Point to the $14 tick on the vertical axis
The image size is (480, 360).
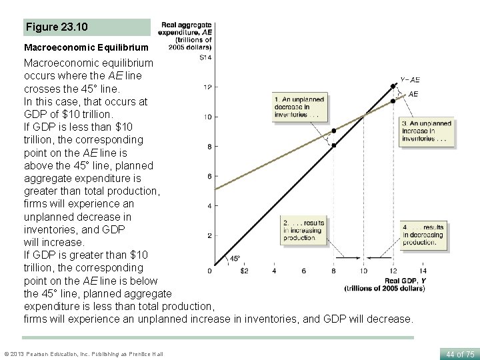205,57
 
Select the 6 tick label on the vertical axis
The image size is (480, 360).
209,176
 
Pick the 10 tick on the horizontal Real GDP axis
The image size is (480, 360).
363,271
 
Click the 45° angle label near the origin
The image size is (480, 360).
235,259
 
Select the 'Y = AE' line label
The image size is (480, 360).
409,80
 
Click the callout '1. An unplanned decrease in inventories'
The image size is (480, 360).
299,107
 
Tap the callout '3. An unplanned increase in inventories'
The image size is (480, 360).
427,131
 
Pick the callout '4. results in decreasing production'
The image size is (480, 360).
423,235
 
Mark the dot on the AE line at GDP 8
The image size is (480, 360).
334,131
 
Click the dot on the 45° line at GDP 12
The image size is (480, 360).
394,85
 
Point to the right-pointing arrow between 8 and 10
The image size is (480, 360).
348,257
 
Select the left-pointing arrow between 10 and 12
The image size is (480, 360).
379,257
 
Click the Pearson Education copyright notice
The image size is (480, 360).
83,353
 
